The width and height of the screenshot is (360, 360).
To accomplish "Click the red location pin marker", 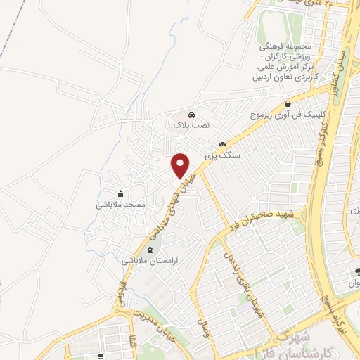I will click(x=181, y=165).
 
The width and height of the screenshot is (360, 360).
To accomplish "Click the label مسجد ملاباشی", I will click(x=120, y=205).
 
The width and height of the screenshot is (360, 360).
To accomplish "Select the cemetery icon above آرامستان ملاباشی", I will click(x=149, y=250).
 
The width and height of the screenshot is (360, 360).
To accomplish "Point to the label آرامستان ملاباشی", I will click(x=150, y=260).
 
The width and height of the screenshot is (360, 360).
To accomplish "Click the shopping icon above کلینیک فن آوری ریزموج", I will click(x=287, y=104).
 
